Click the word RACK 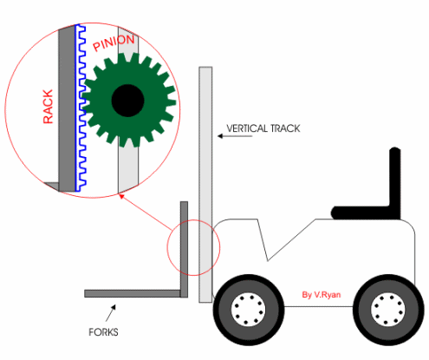pyautogui.click(x=48, y=107)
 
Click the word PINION pyautogui.click(x=114, y=43)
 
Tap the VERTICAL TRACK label pyautogui.click(x=263, y=128)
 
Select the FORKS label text pyautogui.click(x=103, y=332)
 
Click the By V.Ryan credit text pyautogui.click(x=322, y=295)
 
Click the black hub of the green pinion pyautogui.click(x=127, y=101)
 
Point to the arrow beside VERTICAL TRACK pyautogui.click(x=235, y=136)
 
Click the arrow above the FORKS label pyautogui.click(x=111, y=313)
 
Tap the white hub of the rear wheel pyautogui.click(x=388, y=310)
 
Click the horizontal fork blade pyautogui.click(x=133, y=293)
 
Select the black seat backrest pyautogui.click(x=395, y=183)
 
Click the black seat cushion pyautogui.click(x=361, y=213)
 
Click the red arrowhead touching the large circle pyautogui.click(x=121, y=196)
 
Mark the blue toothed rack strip pyautogui.click(x=81, y=108)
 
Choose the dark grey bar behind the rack pyautogui.click(x=67, y=109)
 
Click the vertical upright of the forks pyautogui.click(x=184, y=249)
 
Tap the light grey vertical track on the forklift pyautogui.click(x=205, y=185)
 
